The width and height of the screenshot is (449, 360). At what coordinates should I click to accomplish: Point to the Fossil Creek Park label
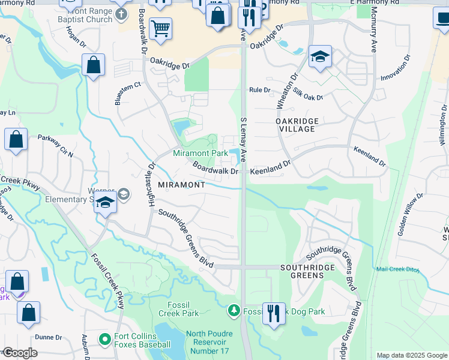click(x=178, y=308)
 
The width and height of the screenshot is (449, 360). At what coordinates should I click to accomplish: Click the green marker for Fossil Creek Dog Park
click(x=234, y=311)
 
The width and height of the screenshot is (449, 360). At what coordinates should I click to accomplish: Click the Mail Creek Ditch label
click(x=399, y=269)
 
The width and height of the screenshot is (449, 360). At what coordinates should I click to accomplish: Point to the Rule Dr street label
click(x=260, y=90)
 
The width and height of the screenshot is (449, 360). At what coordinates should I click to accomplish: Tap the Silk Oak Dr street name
click(x=308, y=93)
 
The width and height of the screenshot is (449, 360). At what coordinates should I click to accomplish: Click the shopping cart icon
click(x=160, y=28)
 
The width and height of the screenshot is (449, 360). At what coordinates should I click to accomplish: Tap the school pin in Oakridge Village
click(x=320, y=57)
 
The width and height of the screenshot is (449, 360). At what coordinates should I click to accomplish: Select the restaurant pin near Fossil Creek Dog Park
click(x=274, y=313)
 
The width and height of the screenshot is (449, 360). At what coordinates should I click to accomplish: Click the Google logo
click(x=20, y=353)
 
